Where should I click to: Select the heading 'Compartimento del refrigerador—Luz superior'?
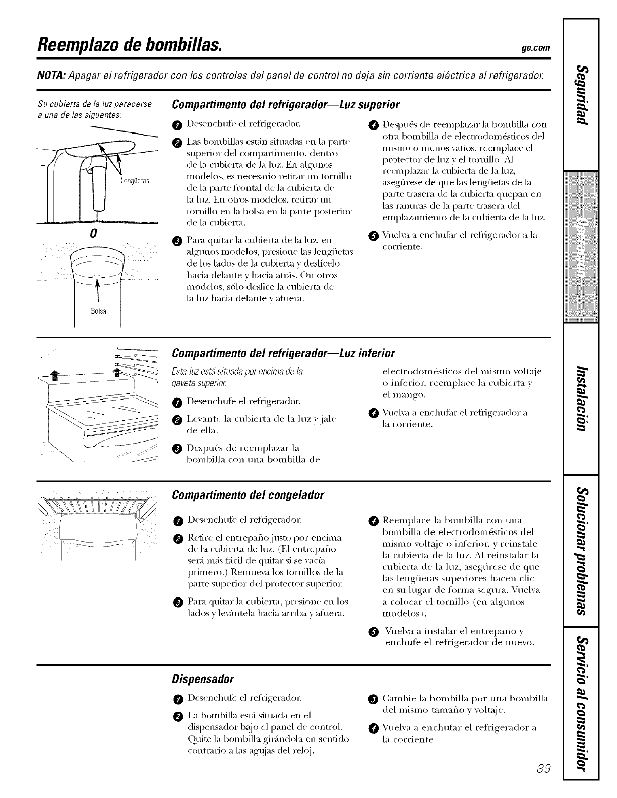pyautogui.click(x=286, y=105)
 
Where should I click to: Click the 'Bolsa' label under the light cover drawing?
pyautogui.click(x=98, y=311)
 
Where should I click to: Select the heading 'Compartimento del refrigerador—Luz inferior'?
pyautogui.click(x=283, y=351)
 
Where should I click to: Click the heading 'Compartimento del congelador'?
pyautogui.click(x=248, y=495)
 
